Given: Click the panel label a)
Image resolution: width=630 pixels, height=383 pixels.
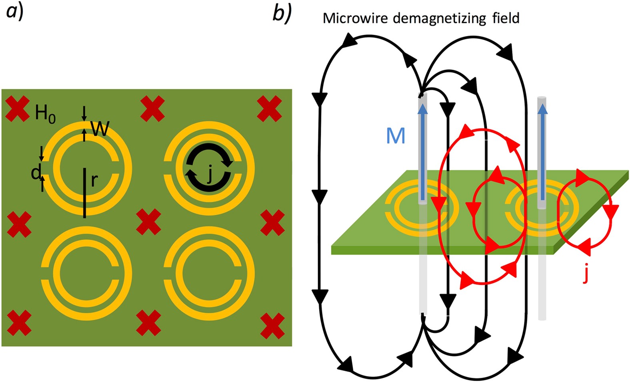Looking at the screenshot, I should pyautogui.click(x=15, y=12).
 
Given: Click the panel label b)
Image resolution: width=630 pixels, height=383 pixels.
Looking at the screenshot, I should pyautogui.click(x=282, y=14).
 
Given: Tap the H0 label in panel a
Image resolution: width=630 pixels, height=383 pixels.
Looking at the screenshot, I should pyautogui.click(x=45, y=114).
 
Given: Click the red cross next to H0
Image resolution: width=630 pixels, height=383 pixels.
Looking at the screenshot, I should pyautogui.click(x=18, y=109).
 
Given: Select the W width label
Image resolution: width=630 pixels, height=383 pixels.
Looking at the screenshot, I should pyautogui.click(x=100, y=129).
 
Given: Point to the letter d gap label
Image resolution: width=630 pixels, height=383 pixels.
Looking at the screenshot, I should pyautogui.click(x=36, y=172).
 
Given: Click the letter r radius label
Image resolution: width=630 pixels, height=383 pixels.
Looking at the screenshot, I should pyautogui.click(x=94, y=181).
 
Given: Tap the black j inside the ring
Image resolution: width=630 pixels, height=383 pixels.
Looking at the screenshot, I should pyautogui.click(x=209, y=175).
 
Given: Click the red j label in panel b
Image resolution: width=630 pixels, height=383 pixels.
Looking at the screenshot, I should pyautogui.click(x=586, y=274).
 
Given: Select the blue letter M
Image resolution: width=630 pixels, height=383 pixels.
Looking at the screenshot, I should pyautogui.click(x=395, y=136).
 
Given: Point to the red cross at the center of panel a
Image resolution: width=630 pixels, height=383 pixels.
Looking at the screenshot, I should pyautogui.click(x=148, y=222).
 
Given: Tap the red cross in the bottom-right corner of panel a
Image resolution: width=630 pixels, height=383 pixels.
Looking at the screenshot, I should pyautogui.click(x=272, y=326).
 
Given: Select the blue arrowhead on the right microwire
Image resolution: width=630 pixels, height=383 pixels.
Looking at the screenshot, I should pyautogui.click(x=542, y=109).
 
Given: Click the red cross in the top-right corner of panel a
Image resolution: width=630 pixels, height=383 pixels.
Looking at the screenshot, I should pyautogui.click(x=269, y=109).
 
